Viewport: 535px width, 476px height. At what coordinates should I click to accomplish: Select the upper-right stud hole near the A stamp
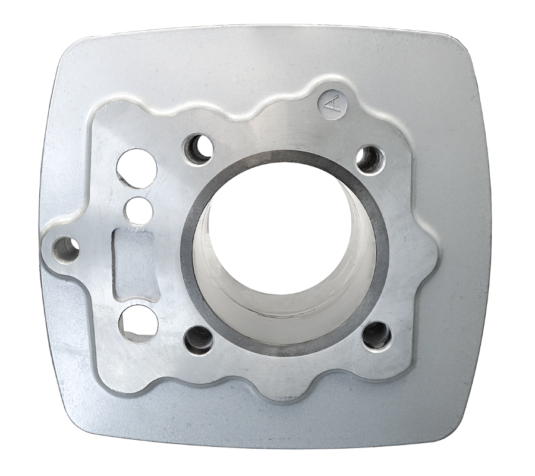[371, 159]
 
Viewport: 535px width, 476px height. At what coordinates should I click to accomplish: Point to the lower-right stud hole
[377, 334]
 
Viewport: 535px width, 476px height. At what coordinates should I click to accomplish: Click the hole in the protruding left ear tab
[65, 249]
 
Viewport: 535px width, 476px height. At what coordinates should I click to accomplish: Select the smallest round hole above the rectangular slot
[140, 208]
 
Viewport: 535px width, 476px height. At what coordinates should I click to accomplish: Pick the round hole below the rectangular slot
[138, 323]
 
